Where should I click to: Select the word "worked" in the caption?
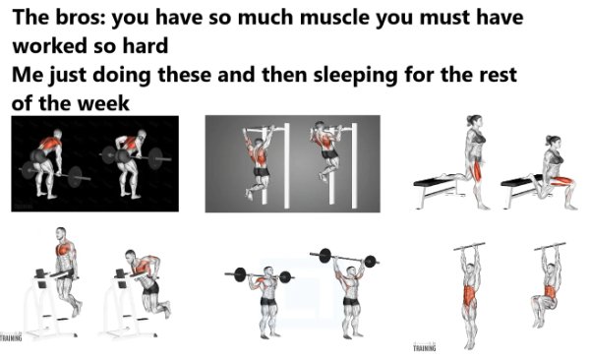(x=47, y=46)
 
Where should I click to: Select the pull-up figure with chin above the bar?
(x=324, y=157)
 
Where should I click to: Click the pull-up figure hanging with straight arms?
(x=259, y=162)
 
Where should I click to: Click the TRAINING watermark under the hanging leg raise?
(x=425, y=347)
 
